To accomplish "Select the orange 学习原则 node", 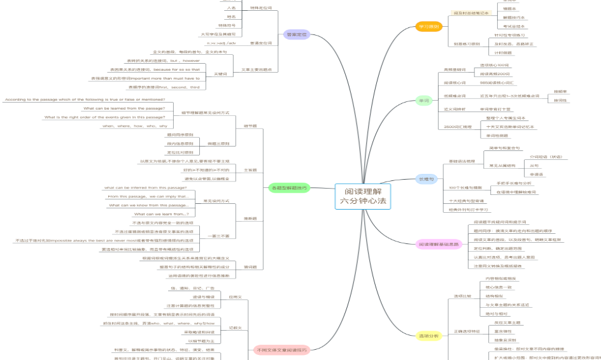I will pos(428,26).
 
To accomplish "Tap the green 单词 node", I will pos(424,101).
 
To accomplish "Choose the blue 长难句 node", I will pos(426,180).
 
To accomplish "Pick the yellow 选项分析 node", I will pos(428,335).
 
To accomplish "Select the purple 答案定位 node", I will pos(296,34).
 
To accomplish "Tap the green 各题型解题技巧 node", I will pos(289,188).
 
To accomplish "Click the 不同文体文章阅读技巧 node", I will pos(281,350).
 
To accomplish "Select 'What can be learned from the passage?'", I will pos(125,108).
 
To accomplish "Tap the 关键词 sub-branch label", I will pos(220,74).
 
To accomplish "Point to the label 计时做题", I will pos(503,52).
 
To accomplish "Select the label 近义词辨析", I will pos(455,109).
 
